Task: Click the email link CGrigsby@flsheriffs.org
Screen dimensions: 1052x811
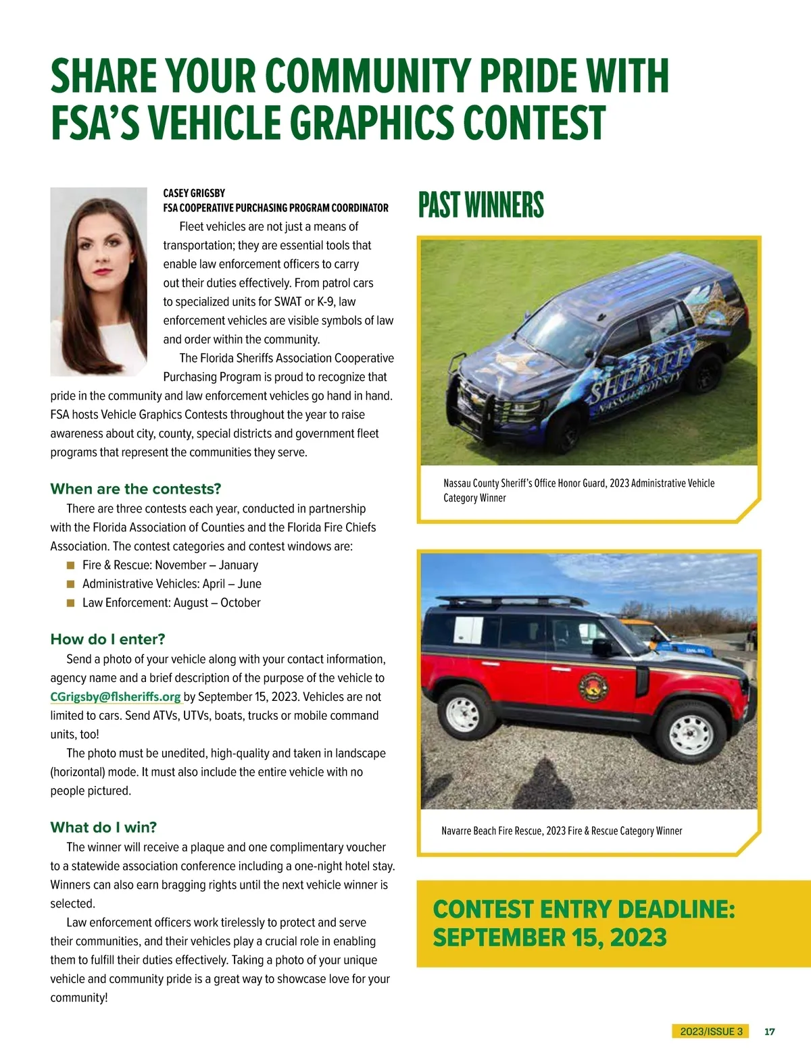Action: [116, 697]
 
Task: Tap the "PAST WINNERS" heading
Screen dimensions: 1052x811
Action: [481, 205]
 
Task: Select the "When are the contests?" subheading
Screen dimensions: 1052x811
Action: [136, 489]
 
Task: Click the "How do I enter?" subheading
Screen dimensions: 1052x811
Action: [107, 639]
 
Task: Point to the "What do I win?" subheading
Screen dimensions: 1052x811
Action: [103, 827]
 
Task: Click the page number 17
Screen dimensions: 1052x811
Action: [769, 1032]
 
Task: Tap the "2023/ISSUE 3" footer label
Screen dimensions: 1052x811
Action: [711, 1032]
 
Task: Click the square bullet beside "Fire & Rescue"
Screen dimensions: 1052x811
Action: [70, 565]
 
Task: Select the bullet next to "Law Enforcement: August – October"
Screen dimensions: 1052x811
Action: [70, 603]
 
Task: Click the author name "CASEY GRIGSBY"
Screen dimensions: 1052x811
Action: [194, 193]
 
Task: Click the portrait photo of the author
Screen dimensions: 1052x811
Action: [99, 281]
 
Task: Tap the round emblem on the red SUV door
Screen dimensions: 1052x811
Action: [593, 687]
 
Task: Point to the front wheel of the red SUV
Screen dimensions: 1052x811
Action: [691, 732]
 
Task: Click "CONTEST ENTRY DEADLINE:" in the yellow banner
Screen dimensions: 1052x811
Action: [583, 910]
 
